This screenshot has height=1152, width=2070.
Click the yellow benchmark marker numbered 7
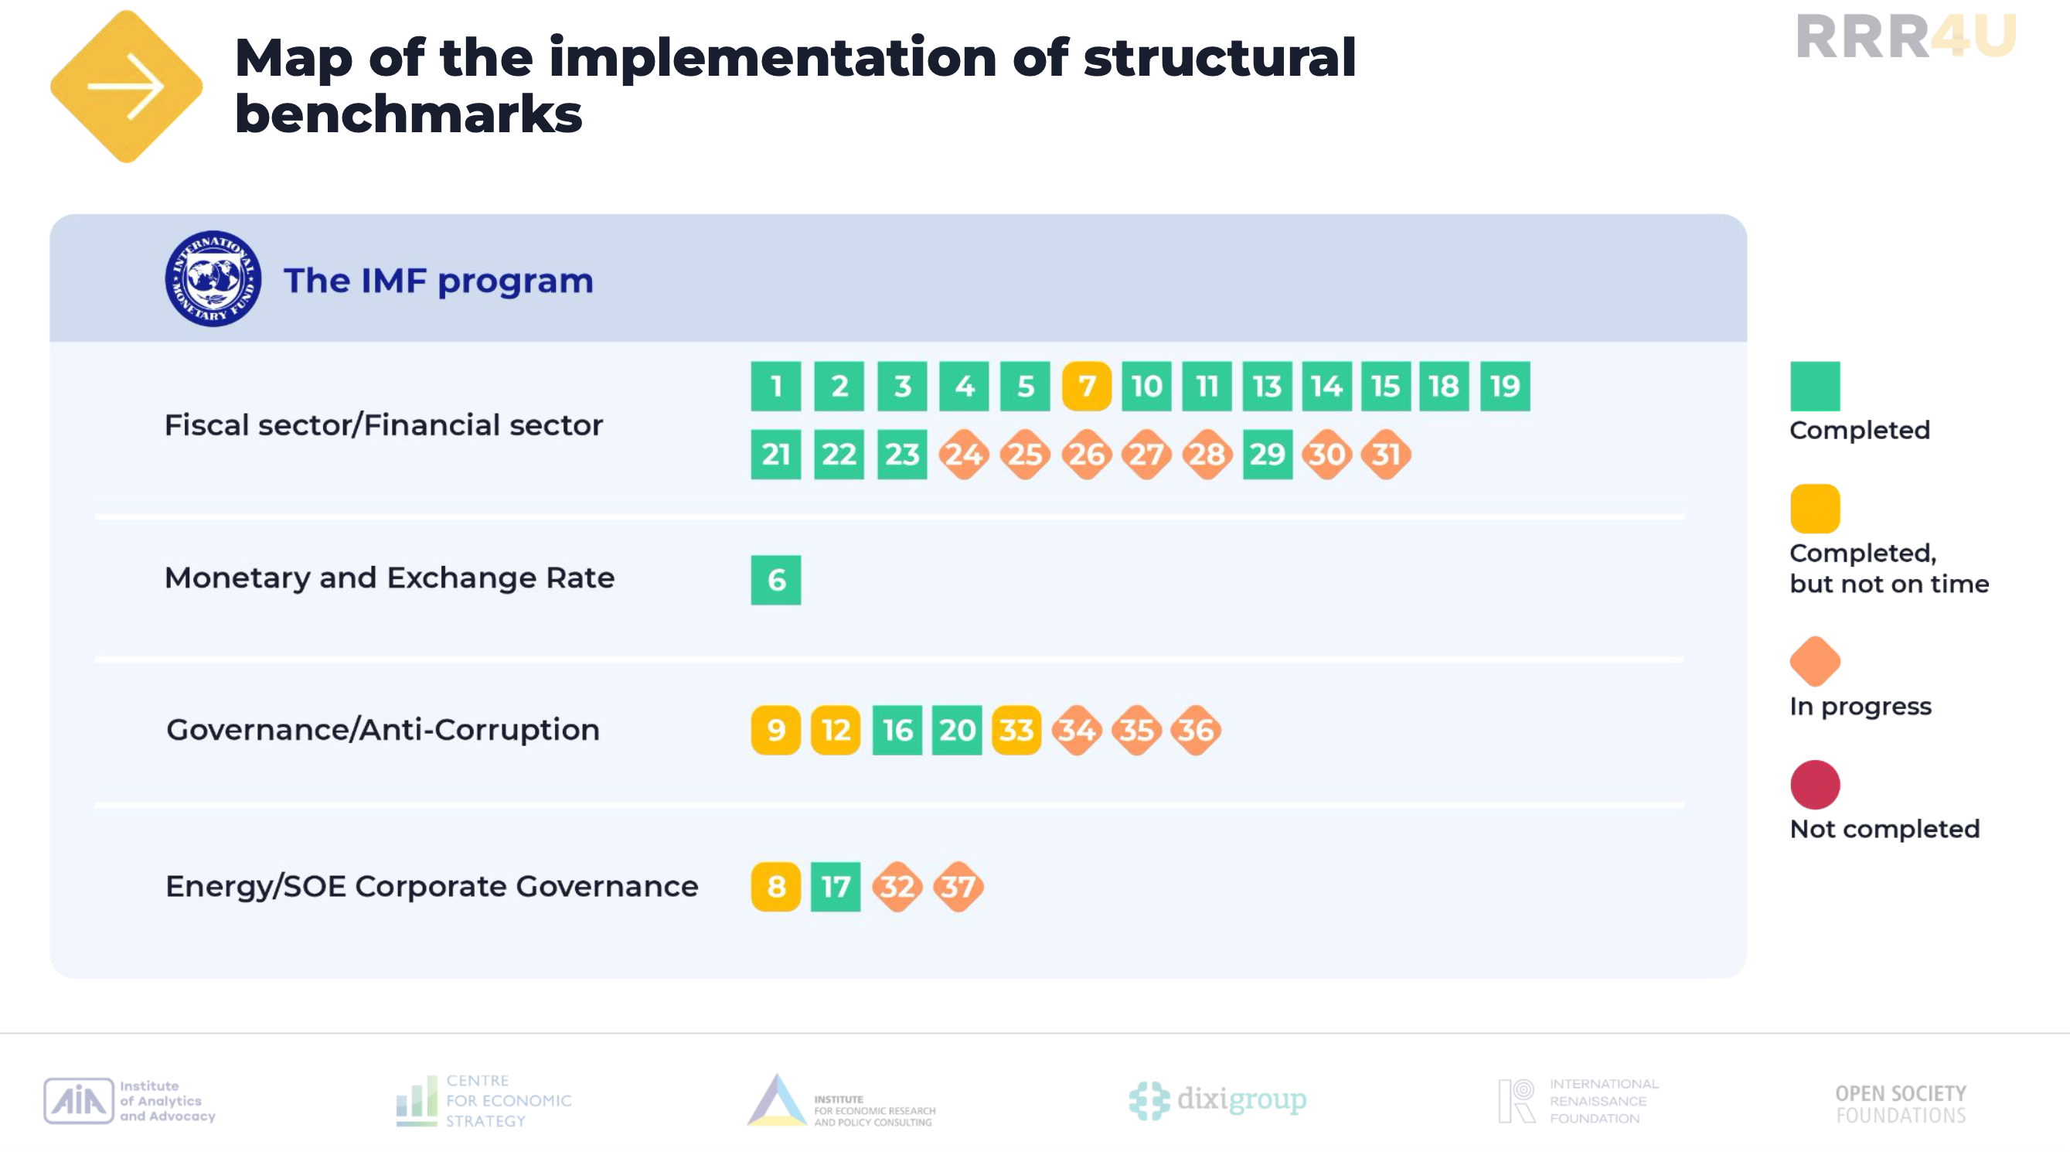click(x=1087, y=386)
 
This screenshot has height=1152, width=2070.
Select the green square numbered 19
click(x=1505, y=386)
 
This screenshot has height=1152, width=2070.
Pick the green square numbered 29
click(x=1267, y=454)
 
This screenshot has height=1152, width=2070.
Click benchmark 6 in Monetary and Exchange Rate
click(x=775, y=580)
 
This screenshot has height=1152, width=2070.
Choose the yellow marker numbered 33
click(x=1016, y=730)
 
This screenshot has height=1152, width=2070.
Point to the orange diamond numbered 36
click(x=1196, y=730)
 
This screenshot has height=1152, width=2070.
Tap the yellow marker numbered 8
click(x=775, y=886)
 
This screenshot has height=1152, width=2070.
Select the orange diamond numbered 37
click(x=958, y=886)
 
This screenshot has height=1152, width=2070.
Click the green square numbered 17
click(x=836, y=886)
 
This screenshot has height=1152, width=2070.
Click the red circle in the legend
click(x=1814, y=784)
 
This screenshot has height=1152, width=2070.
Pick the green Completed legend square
click(x=1814, y=386)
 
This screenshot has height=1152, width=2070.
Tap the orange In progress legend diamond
click(x=1814, y=661)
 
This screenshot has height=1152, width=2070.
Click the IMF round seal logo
click(x=213, y=278)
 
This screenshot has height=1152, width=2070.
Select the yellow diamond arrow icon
click(x=126, y=86)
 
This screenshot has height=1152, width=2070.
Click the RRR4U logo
click(x=1906, y=36)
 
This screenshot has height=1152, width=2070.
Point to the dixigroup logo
click(x=1217, y=1099)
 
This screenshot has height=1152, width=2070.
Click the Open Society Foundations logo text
click(x=1901, y=1104)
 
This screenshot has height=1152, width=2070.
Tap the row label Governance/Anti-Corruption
click(x=383, y=730)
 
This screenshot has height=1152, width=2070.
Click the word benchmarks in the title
click(x=408, y=114)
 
